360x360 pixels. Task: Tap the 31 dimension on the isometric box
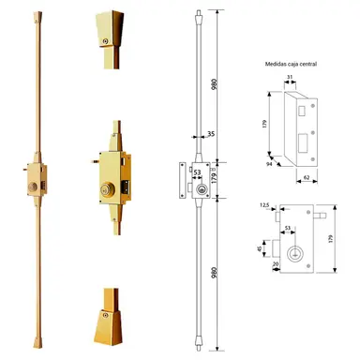291,78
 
